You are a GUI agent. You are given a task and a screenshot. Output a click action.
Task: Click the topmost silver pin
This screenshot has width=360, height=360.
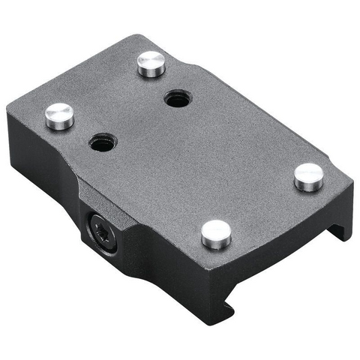(x=151, y=64)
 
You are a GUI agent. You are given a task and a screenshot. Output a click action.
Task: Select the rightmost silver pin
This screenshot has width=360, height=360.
(x=308, y=176)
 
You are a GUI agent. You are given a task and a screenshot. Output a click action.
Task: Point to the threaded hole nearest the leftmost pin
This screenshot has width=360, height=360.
(x=100, y=140)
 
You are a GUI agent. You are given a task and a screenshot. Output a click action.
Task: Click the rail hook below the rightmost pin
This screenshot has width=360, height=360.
(x=341, y=225)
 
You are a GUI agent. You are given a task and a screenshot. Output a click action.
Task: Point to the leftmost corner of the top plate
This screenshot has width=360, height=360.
(x=9, y=112)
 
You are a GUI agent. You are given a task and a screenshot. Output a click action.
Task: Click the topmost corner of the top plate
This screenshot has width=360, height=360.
(x=139, y=35)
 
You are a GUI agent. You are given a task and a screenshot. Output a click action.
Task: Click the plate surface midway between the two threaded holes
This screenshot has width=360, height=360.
(x=139, y=119)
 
